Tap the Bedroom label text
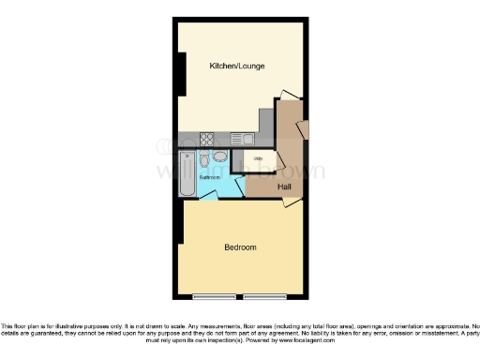click(240, 247)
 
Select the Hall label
click(284, 187)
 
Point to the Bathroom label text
click(209, 177)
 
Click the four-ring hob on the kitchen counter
click(206, 140)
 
